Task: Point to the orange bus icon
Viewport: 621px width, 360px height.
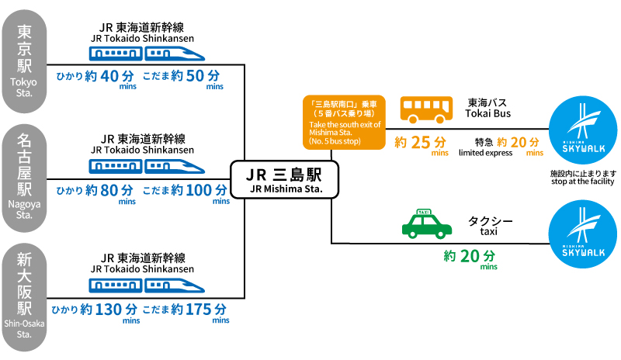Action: (x=425, y=109)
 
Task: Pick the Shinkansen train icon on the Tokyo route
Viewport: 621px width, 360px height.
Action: (x=146, y=53)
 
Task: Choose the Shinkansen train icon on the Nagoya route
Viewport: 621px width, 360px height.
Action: (x=146, y=165)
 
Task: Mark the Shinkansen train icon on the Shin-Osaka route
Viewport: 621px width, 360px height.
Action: (x=146, y=287)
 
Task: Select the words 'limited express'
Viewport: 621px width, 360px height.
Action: (x=485, y=153)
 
